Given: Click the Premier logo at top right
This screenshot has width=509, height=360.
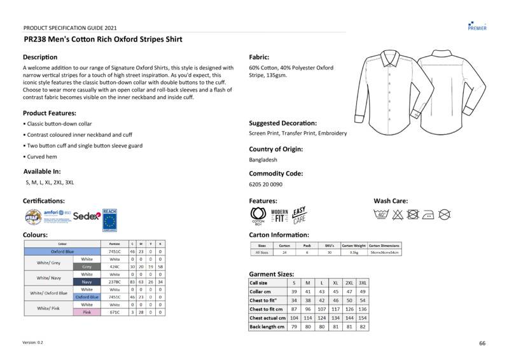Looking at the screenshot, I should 477,25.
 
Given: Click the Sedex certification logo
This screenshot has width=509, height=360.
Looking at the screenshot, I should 87,216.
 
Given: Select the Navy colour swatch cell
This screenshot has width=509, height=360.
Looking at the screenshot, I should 87,282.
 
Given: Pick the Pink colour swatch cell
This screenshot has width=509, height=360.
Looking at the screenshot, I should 87,312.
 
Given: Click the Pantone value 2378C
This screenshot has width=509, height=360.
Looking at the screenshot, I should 115,282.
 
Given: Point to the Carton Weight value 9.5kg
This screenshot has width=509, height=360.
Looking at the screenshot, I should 354,253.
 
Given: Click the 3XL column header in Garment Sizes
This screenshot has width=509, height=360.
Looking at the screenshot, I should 363,282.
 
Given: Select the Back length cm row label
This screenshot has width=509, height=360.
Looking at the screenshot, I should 266,326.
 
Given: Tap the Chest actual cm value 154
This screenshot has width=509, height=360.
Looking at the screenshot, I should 363,317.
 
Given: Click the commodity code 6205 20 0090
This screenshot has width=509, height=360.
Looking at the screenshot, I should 266,184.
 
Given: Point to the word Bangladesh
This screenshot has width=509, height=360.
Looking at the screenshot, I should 263,160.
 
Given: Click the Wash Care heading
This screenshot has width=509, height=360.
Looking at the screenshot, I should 391,201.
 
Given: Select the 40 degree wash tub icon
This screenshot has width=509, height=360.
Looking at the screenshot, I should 382,215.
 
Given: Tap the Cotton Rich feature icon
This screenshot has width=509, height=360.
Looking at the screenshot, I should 258,216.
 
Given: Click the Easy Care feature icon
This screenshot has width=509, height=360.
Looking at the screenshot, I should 300,215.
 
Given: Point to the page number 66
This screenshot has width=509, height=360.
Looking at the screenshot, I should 482,343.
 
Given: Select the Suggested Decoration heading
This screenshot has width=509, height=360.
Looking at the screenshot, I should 282,123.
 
